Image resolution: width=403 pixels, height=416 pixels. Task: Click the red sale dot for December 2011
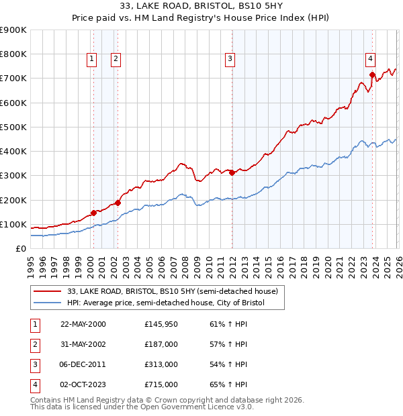pyautogui.click(x=232, y=172)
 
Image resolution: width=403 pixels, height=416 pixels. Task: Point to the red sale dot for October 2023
pyautogui.click(x=372, y=74)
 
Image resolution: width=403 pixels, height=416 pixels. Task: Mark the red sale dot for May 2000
pyautogui.click(x=93, y=213)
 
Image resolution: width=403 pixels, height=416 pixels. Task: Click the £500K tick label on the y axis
pyautogui.click(x=13, y=127)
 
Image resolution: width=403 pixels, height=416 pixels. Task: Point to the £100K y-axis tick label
pyautogui.click(x=13, y=224)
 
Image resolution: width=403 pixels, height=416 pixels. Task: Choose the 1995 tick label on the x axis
pyautogui.click(x=31, y=266)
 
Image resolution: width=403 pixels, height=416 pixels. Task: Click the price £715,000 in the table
pyautogui.click(x=161, y=384)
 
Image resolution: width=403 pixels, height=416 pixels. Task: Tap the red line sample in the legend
pyautogui.click(x=47, y=291)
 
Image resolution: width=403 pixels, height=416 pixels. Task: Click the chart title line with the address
pyautogui.click(x=201, y=7)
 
